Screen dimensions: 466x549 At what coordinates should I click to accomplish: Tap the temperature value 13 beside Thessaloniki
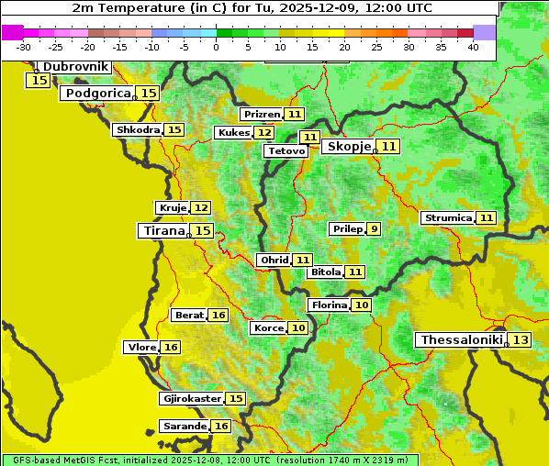pos(521,340)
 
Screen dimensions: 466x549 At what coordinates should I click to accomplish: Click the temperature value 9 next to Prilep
pos(374,228)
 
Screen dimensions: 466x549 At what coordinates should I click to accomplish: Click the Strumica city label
pos(448,218)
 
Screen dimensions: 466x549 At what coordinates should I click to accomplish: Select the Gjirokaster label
pos(191,399)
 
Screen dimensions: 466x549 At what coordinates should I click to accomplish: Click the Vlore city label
pos(140,347)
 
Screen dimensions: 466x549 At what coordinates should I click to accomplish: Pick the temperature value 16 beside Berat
pos(218,316)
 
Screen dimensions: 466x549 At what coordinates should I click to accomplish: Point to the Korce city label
pos(268,328)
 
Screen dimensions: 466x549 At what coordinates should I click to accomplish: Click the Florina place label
pos(329,305)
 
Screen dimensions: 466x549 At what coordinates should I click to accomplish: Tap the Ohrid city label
pos(274,261)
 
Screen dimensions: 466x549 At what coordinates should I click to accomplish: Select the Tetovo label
pos(286,150)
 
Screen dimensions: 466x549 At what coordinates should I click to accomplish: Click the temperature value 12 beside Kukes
pos(263,133)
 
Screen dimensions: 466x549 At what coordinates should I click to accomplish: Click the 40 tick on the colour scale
pos(473,47)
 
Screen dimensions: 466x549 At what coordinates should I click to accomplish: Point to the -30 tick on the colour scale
pos(24,47)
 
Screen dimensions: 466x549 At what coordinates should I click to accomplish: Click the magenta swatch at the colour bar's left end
pos(12,32)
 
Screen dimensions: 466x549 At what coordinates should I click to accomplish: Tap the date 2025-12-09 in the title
pos(340,7)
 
